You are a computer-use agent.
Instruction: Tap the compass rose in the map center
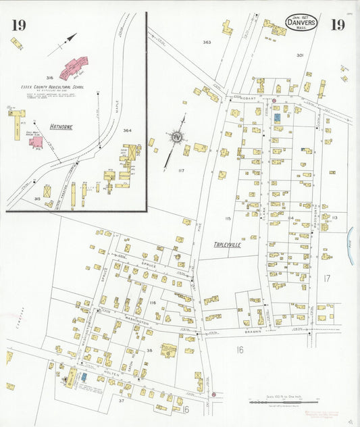(177, 137)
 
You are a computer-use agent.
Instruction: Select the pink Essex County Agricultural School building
(76, 67)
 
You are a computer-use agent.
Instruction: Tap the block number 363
(207, 43)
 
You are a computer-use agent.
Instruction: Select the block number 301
(299, 55)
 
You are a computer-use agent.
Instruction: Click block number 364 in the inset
(127, 130)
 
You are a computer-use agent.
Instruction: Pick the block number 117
(180, 170)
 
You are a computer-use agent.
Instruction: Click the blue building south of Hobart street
(277, 118)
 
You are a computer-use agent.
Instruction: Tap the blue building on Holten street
(84, 376)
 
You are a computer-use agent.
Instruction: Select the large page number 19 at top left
(19, 26)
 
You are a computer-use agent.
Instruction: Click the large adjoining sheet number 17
(326, 278)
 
